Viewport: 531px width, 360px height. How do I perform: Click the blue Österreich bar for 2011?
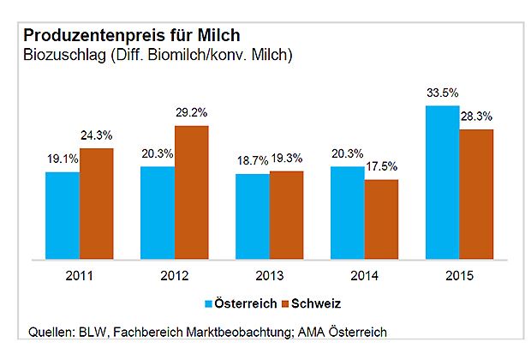63,216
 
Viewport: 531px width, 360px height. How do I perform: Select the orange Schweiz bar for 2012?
192,193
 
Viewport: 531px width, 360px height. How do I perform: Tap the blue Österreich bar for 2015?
443,183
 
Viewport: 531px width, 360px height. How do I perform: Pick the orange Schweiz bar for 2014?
382,219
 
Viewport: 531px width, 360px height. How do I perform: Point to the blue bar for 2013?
253,217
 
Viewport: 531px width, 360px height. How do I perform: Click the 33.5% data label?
443,93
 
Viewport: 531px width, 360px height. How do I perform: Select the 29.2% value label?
191,112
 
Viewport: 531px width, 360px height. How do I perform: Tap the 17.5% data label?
382,166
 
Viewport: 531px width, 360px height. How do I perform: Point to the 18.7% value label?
253,160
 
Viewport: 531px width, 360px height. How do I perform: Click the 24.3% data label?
97,135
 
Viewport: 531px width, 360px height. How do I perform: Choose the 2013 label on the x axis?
270,276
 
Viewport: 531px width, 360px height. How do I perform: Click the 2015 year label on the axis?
460,276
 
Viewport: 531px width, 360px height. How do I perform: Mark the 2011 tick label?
80,276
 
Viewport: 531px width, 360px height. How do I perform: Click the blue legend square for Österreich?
208,303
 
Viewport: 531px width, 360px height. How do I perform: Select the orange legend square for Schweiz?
285,303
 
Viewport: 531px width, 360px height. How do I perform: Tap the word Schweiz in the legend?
316,303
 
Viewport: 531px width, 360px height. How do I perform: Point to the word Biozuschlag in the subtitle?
65,55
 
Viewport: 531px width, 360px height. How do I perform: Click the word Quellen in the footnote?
51,332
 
